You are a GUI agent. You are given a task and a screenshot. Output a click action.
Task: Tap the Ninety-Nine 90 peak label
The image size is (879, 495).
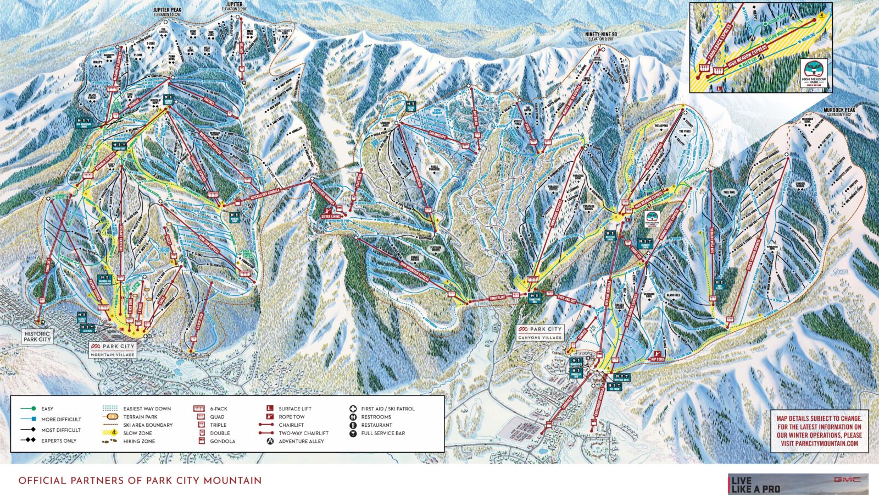[602, 35]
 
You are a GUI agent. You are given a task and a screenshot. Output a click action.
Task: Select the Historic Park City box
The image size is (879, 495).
[37, 336]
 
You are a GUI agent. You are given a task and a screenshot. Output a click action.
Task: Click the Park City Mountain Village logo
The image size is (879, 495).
[113, 350]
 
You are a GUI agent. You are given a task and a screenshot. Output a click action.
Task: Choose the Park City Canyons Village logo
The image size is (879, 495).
[541, 332]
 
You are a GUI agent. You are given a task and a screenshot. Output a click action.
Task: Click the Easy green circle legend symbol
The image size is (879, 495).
[34, 409]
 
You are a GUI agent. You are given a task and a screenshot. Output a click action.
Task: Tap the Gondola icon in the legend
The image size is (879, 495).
[201, 441]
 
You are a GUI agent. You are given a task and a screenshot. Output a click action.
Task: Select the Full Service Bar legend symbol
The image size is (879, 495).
[352, 433]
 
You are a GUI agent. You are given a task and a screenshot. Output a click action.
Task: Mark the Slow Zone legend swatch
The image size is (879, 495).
[112, 433]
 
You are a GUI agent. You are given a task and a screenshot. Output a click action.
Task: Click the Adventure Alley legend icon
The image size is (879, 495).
[270, 441]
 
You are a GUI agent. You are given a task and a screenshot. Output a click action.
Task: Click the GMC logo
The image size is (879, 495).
[846, 480]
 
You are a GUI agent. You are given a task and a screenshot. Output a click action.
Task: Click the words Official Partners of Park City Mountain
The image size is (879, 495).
[140, 481]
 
